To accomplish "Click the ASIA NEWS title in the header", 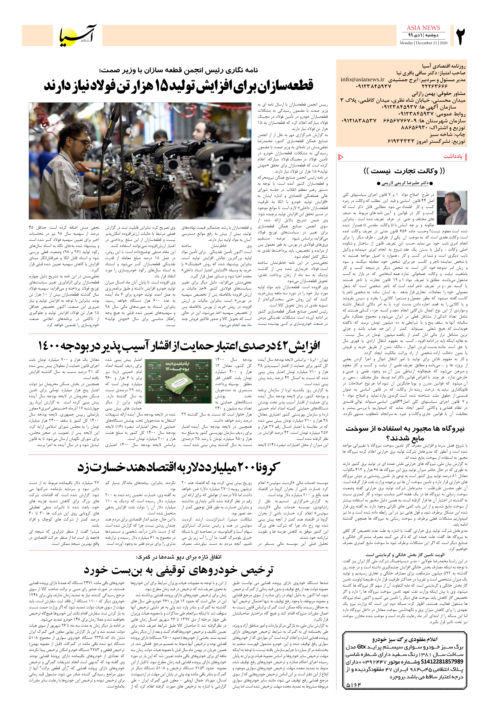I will [423, 28].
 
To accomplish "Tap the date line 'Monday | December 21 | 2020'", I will [423, 43].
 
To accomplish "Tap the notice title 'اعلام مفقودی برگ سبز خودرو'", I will [405, 630].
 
